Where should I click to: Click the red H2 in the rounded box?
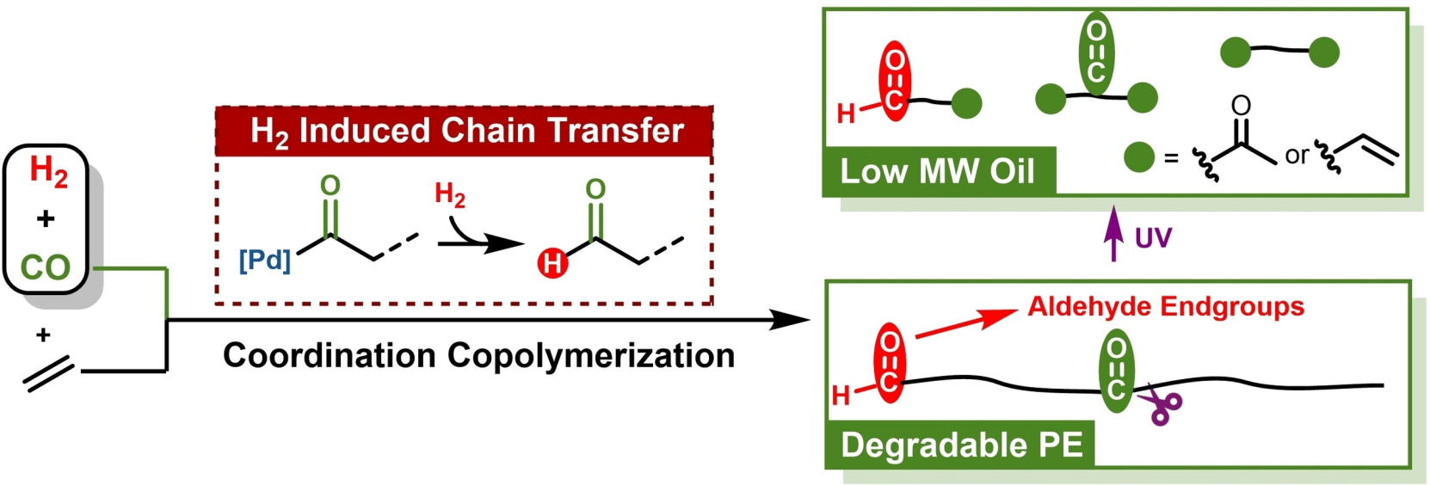tap(48, 170)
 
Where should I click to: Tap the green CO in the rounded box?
tap(46, 267)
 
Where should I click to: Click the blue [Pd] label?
tap(265, 260)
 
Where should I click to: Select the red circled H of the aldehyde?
tap(552, 262)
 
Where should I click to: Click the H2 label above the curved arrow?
tap(450, 194)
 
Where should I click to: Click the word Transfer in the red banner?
tap(616, 131)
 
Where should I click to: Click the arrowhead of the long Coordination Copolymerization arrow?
tap(792, 321)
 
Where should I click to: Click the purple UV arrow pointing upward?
tap(1114, 233)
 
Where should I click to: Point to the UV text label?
tap(1153, 237)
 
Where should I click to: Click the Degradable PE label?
tap(961, 445)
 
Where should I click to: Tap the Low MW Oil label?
tap(937, 171)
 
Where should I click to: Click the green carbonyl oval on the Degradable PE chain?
tap(1117, 371)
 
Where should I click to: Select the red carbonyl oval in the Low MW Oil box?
tap(895, 81)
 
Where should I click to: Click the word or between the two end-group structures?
tap(1297, 155)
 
